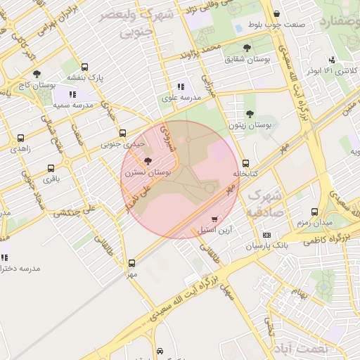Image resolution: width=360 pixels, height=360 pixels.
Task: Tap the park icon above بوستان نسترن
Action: point(147,162)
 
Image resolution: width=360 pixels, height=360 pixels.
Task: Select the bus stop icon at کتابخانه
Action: point(245,163)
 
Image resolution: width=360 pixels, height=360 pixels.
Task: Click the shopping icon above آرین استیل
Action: point(214,219)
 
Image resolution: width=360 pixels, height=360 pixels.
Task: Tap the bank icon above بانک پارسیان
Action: point(266,235)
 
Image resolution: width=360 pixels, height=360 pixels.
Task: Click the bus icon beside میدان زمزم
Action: point(313,211)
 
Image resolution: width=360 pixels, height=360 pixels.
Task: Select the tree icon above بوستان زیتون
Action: point(250,114)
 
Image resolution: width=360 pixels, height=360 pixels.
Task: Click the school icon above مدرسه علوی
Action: point(181,87)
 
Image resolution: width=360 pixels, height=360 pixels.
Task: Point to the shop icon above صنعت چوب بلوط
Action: point(276,13)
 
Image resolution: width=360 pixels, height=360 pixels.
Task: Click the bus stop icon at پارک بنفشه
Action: point(85,66)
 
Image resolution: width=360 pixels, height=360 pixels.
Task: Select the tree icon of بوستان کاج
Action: point(37,73)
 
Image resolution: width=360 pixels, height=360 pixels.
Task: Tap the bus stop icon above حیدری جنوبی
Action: point(123,133)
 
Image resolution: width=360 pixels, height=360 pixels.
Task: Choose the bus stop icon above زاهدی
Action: point(20,139)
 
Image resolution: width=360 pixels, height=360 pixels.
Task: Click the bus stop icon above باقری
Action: point(51,169)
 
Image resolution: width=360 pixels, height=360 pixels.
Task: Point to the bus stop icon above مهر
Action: point(131,264)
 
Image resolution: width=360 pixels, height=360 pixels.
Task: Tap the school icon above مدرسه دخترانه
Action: point(4,258)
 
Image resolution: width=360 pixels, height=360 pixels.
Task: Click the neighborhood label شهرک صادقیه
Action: point(264,202)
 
